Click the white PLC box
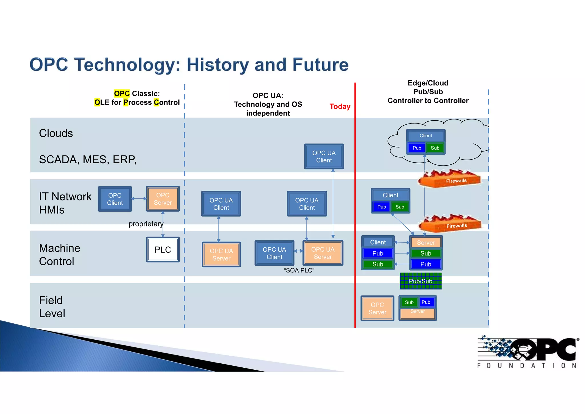(163, 250)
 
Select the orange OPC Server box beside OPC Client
(163, 199)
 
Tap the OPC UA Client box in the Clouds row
(324, 157)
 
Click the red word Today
(340, 106)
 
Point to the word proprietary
(146, 224)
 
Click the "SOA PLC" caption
(299, 270)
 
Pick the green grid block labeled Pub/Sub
(420, 281)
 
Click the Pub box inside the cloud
(417, 148)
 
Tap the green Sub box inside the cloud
(435, 148)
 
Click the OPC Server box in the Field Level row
(377, 308)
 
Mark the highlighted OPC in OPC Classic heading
(122, 93)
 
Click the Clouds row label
(56, 133)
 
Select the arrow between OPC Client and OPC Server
(139, 198)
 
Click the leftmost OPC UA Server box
(221, 254)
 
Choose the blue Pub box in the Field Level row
(426, 302)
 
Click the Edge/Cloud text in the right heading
(428, 83)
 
